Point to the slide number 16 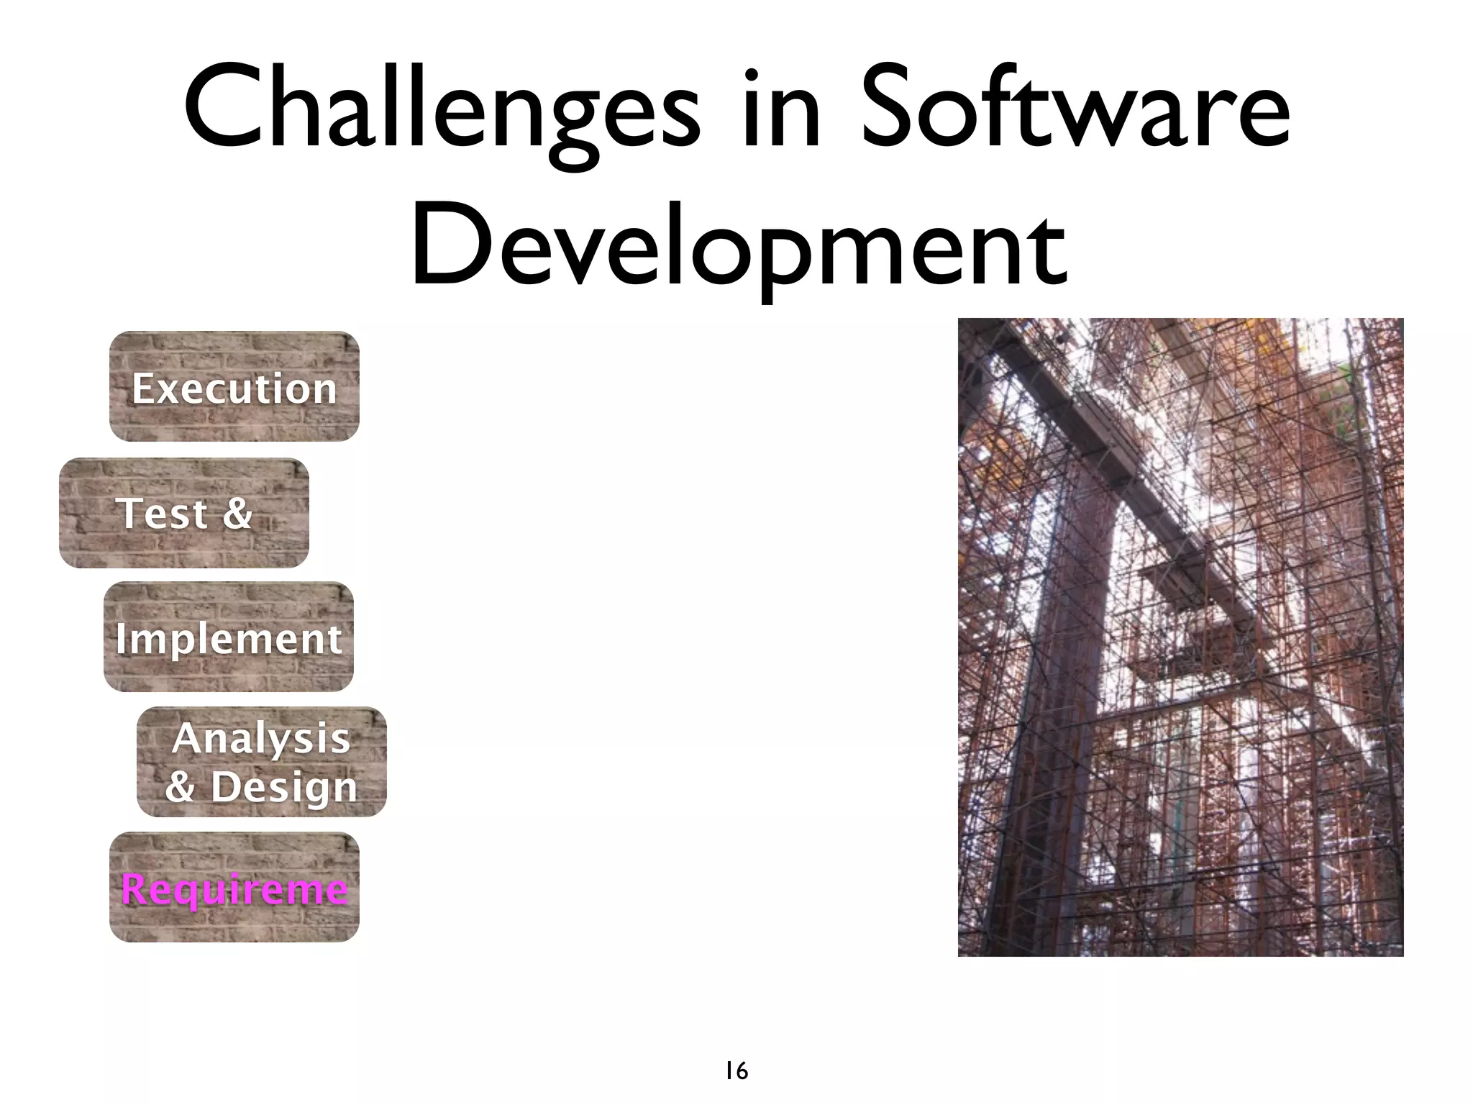pyautogui.click(x=736, y=1071)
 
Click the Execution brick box pyautogui.click(x=234, y=386)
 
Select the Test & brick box pyautogui.click(x=184, y=513)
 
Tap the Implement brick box pyautogui.click(x=229, y=637)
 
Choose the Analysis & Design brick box pyautogui.click(x=262, y=762)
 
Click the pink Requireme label pyautogui.click(x=234, y=889)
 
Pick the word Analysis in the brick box pyautogui.click(x=261, y=738)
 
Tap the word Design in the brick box pyautogui.click(x=284, y=786)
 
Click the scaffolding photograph pyautogui.click(x=1180, y=637)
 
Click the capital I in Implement pyautogui.click(x=121, y=637)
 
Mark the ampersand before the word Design pyautogui.click(x=181, y=786)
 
